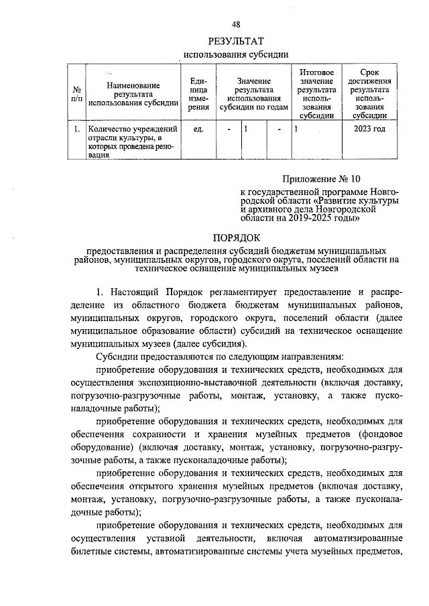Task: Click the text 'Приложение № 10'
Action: pos(320,179)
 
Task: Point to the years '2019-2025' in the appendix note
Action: pos(313,217)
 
